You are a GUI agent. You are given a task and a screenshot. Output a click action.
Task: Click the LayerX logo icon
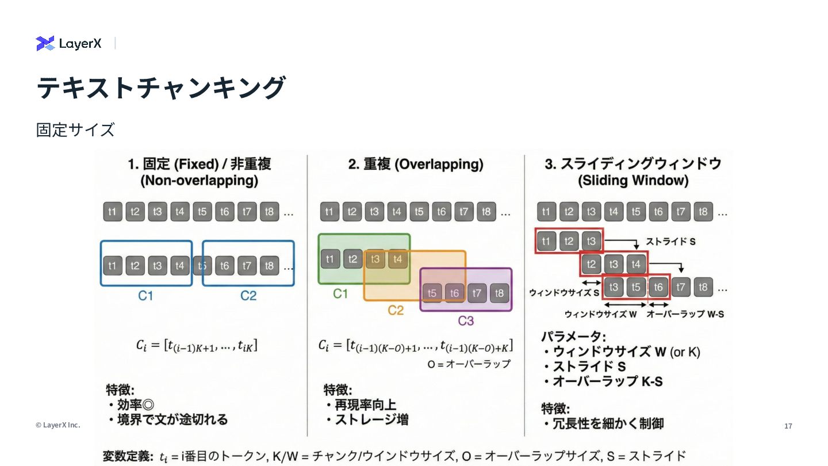pos(45,43)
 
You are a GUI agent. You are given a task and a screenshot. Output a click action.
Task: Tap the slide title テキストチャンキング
pos(161,88)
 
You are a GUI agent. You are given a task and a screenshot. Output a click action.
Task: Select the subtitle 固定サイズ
pos(75,130)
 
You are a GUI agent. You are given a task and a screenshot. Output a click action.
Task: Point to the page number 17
pos(788,426)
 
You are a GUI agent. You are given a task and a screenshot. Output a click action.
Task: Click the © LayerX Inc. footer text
pos(57,425)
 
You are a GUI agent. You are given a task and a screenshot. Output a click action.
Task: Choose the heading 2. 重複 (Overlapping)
pos(416,165)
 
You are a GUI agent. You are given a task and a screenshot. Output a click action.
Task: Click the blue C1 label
pos(145,296)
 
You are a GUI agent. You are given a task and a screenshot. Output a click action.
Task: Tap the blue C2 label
pos(248,296)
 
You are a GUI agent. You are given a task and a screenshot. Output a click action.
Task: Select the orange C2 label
pos(396,311)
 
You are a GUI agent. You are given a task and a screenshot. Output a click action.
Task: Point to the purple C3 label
pos(466,320)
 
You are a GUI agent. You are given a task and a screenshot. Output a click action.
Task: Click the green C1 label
pos(340,294)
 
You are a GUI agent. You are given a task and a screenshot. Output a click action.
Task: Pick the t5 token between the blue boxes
pos(201,266)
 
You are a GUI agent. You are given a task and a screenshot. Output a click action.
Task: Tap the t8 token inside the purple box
pos(499,293)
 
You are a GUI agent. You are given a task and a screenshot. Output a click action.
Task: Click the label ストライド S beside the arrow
pos(670,242)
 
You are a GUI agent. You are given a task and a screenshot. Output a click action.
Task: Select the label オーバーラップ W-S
pos(685,314)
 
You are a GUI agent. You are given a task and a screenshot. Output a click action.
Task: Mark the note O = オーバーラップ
pos(469,364)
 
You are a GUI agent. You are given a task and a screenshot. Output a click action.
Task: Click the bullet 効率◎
pos(136,404)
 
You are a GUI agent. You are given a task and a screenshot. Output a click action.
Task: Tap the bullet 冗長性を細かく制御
pos(608,424)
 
